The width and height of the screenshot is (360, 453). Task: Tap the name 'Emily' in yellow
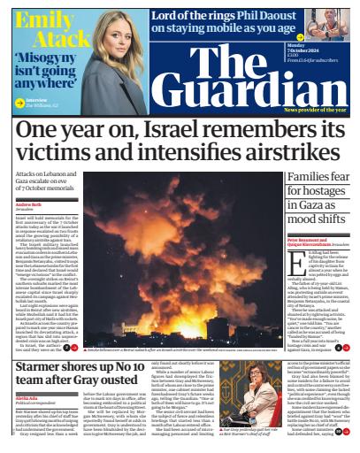point(42,19)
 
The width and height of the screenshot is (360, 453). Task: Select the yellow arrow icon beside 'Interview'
point(19,101)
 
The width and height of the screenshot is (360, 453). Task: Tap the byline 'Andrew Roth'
point(29,204)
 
